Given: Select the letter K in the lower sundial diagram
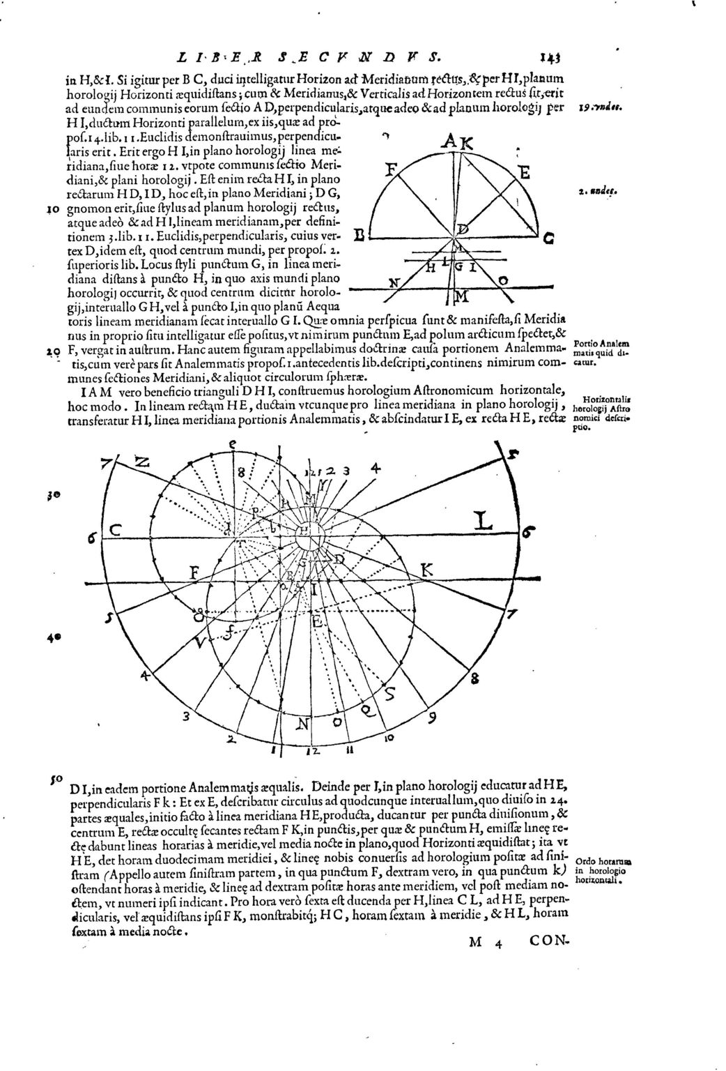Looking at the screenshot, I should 427,570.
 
